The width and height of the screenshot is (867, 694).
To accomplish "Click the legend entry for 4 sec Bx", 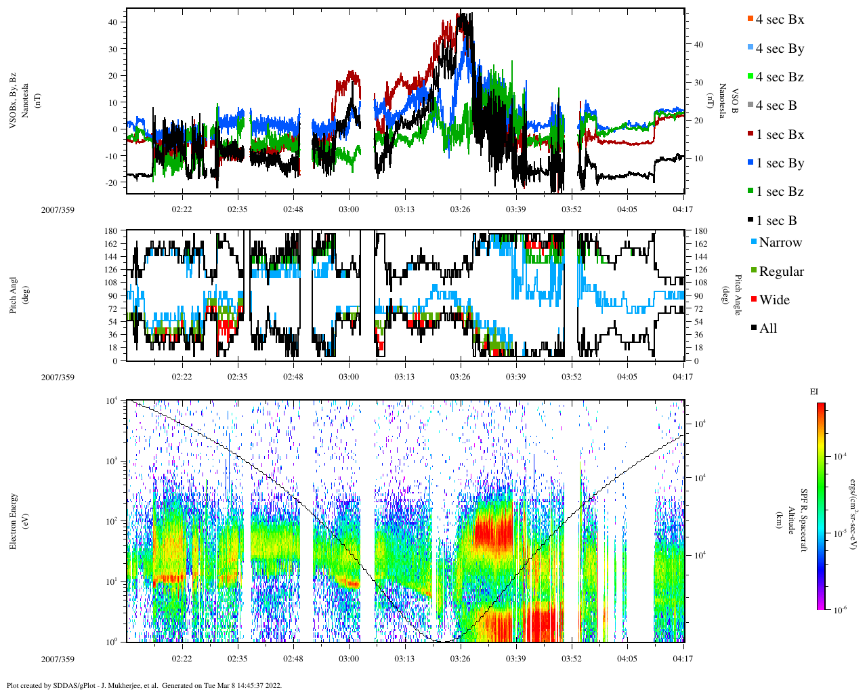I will point(779,20).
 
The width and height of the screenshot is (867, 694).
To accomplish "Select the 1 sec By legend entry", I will point(779,163).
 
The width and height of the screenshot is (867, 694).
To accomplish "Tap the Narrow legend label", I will point(780,243).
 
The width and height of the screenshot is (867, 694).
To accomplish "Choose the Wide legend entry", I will point(774,300).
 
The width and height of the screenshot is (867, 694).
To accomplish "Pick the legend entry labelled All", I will point(767,329).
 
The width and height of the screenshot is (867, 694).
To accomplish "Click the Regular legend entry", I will point(780,272).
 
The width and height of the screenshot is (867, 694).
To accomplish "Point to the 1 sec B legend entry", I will point(776,221).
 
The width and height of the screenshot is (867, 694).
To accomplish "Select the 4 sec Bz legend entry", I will point(779,77).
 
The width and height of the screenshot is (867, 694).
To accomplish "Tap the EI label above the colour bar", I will point(814,392).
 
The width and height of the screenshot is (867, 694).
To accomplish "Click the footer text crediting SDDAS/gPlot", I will point(144,685).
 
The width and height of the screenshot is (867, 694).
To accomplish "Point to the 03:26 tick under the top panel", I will point(460,209).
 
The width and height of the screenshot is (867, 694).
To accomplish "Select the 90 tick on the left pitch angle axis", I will point(112,295).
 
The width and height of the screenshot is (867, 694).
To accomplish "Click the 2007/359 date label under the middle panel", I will point(58,377).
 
